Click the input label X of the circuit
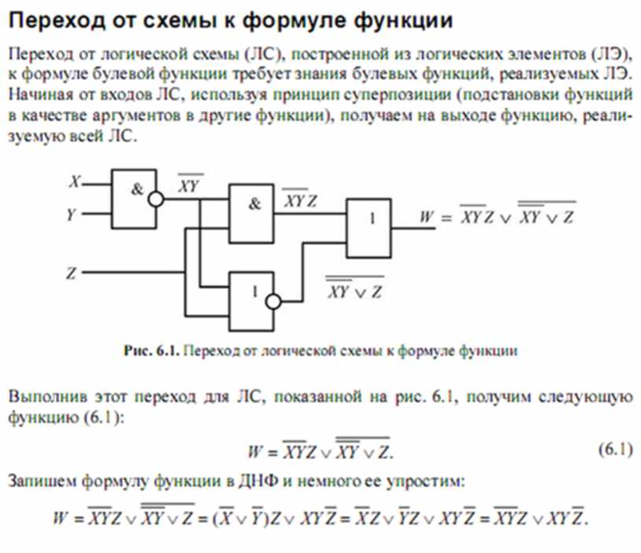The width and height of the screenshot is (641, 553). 75,181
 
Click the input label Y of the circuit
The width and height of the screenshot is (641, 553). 72,214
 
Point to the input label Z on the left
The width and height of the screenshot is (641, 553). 71,273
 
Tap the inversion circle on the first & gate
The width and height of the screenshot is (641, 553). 156,200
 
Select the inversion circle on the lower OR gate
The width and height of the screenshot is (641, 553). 273,302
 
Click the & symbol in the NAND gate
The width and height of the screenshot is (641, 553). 137,189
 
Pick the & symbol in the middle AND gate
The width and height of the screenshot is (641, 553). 255,203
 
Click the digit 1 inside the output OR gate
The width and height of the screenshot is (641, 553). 372,218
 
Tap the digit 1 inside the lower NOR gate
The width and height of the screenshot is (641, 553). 255,292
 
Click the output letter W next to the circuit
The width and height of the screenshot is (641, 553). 427,217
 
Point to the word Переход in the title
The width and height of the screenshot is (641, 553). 57,20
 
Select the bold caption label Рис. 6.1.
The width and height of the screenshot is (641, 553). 152,350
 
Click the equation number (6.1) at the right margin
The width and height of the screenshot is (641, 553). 616,449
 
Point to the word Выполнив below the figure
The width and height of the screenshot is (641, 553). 48,397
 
